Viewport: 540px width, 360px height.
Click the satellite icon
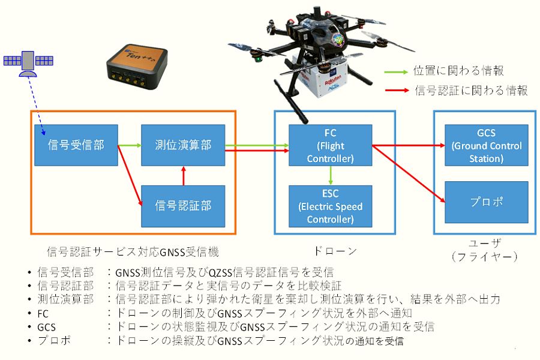(x=28, y=62)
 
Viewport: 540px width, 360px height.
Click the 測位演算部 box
(x=182, y=145)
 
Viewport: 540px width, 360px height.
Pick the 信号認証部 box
(x=182, y=205)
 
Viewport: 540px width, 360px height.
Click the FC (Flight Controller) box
(x=330, y=145)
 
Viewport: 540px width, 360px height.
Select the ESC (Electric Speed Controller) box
(x=330, y=206)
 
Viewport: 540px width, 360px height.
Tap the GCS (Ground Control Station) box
(x=486, y=145)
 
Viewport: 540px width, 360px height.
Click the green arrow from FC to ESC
(x=330, y=175)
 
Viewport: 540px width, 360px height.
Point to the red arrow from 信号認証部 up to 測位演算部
(x=182, y=175)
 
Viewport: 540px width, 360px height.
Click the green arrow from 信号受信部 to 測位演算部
(x=129, y=145)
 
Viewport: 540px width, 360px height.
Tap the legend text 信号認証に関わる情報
(x=470, y=91)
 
